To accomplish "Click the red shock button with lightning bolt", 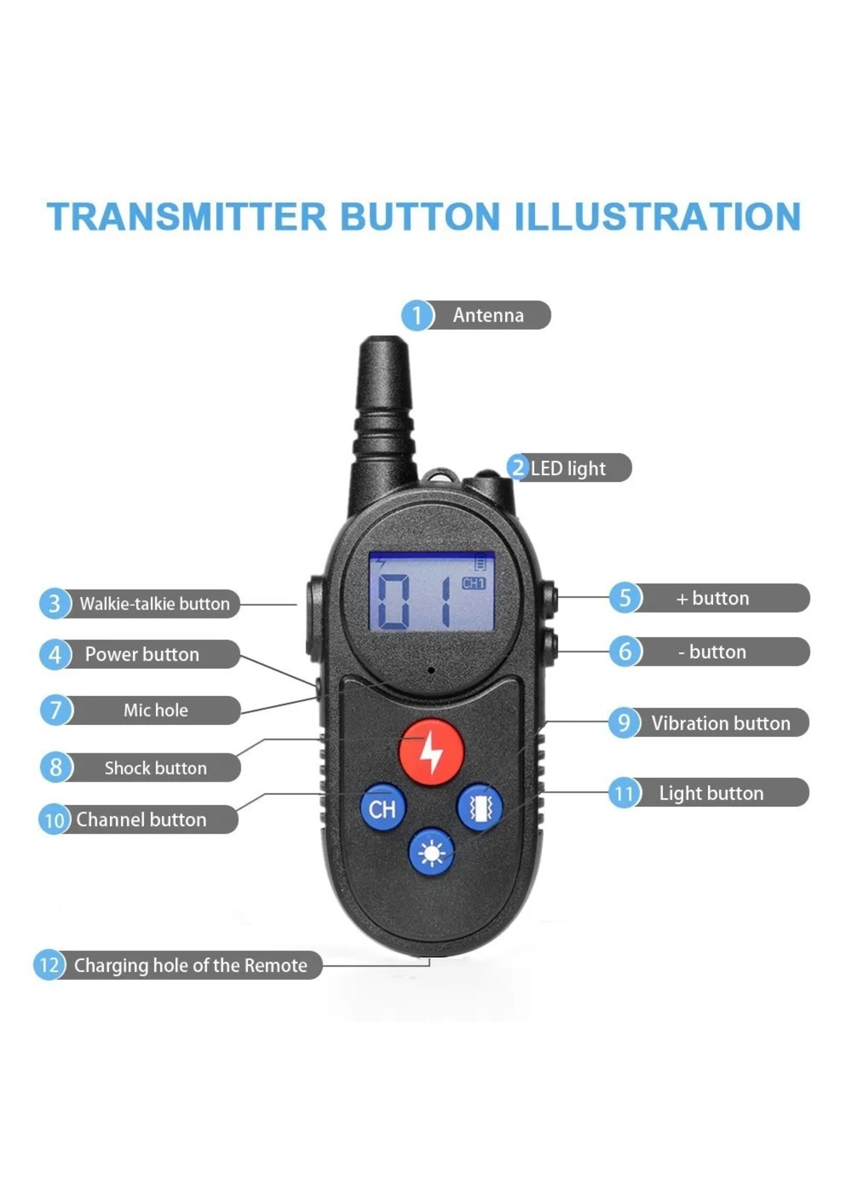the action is pyautogui.click(x=431, y=753).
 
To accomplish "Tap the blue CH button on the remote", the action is pyautogui.click(x=383, y=807).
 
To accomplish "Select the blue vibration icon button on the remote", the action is pyautogui.click(x=480, y=807).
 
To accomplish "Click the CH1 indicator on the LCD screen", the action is pyautogui.click(x=473, y=583).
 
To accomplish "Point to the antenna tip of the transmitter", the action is pyautogui.click(x=384, y=340).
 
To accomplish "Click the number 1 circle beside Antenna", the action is pyautogui.click(x=417, y=315).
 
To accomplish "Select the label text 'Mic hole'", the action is pyautogui.click(x=156, y=710).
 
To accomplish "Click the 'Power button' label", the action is pyautogui.click(x=142, y=654).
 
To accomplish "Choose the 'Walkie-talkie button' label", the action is pyautogui.click(x=155, y=604).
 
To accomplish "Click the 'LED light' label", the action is pyautogui.click(x=568, y=468).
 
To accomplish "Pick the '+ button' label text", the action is pyautogui.click(x=712, y=598).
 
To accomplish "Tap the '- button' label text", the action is pyautogui.click(x=712, y=652).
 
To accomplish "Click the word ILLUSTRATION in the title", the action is pyautogui.click(x=658, y=217).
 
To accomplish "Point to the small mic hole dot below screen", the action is pyautogui.click(x=431, y=670).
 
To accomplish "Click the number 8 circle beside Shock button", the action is pyautogui.click(x=56, y=767).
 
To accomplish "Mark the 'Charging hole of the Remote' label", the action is pyautogui.click(x=190, y=966).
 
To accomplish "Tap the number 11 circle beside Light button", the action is pyautogui.click(x=625, y=793).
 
